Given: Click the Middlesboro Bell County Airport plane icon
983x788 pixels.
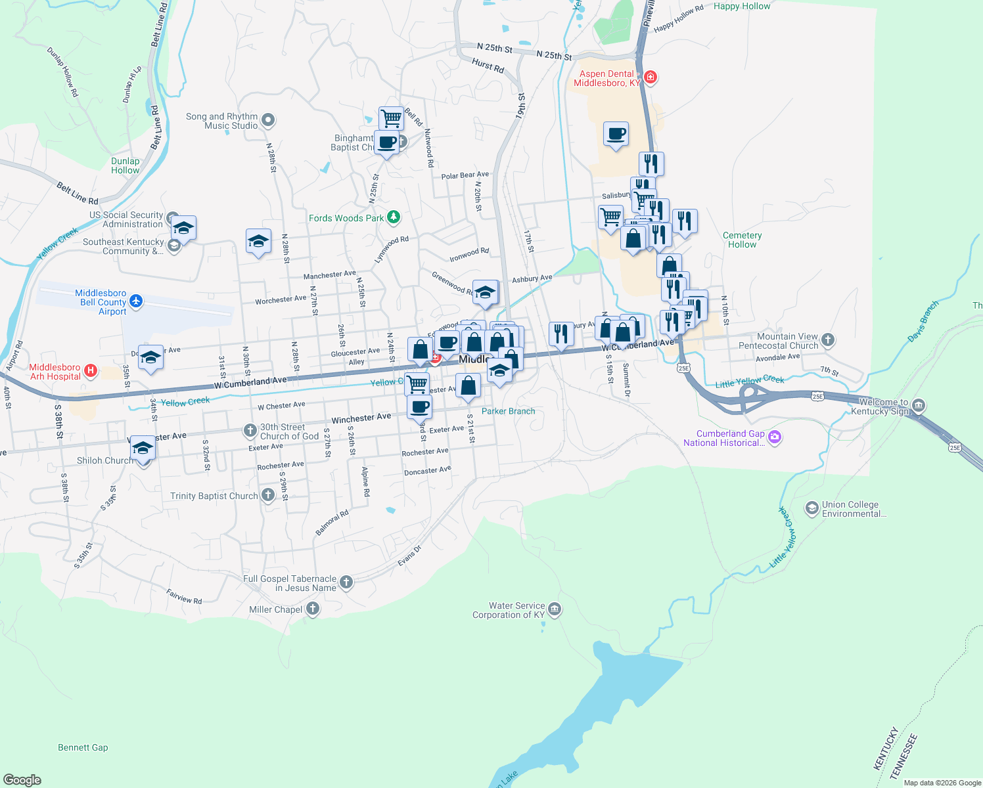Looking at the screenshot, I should [136, 301].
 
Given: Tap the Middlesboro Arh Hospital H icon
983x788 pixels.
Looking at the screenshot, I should [91, 371].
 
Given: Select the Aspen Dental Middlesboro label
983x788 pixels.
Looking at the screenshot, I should [606, 78].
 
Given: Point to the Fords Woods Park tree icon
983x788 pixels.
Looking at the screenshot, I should [394, 217].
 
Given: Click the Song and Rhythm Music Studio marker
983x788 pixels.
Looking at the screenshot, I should [267, 120].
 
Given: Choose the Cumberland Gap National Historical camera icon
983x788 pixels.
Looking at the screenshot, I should [775, 437].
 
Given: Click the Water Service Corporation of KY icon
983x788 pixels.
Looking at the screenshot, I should [555, 609].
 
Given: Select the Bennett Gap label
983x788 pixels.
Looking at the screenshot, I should [83, 747].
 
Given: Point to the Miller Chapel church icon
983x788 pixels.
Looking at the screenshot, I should [313, 609].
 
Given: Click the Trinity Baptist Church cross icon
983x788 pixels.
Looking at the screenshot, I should [267, 495].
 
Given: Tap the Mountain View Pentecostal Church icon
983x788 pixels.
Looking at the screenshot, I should [828, 339].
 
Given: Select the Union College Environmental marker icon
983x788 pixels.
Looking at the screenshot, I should [812, 508].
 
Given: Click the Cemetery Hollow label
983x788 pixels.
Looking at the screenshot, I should [742, 240].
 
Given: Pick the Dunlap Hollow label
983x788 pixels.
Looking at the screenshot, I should [125, 165].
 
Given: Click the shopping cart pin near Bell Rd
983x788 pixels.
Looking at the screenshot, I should [391, 119].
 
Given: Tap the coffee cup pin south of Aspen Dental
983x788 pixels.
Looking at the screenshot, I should [616, 134].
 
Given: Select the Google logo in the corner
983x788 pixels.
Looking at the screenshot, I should [22, 779].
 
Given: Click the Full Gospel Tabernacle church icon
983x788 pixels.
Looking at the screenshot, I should [346, 582].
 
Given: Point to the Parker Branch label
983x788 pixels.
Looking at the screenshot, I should [508, 411].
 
